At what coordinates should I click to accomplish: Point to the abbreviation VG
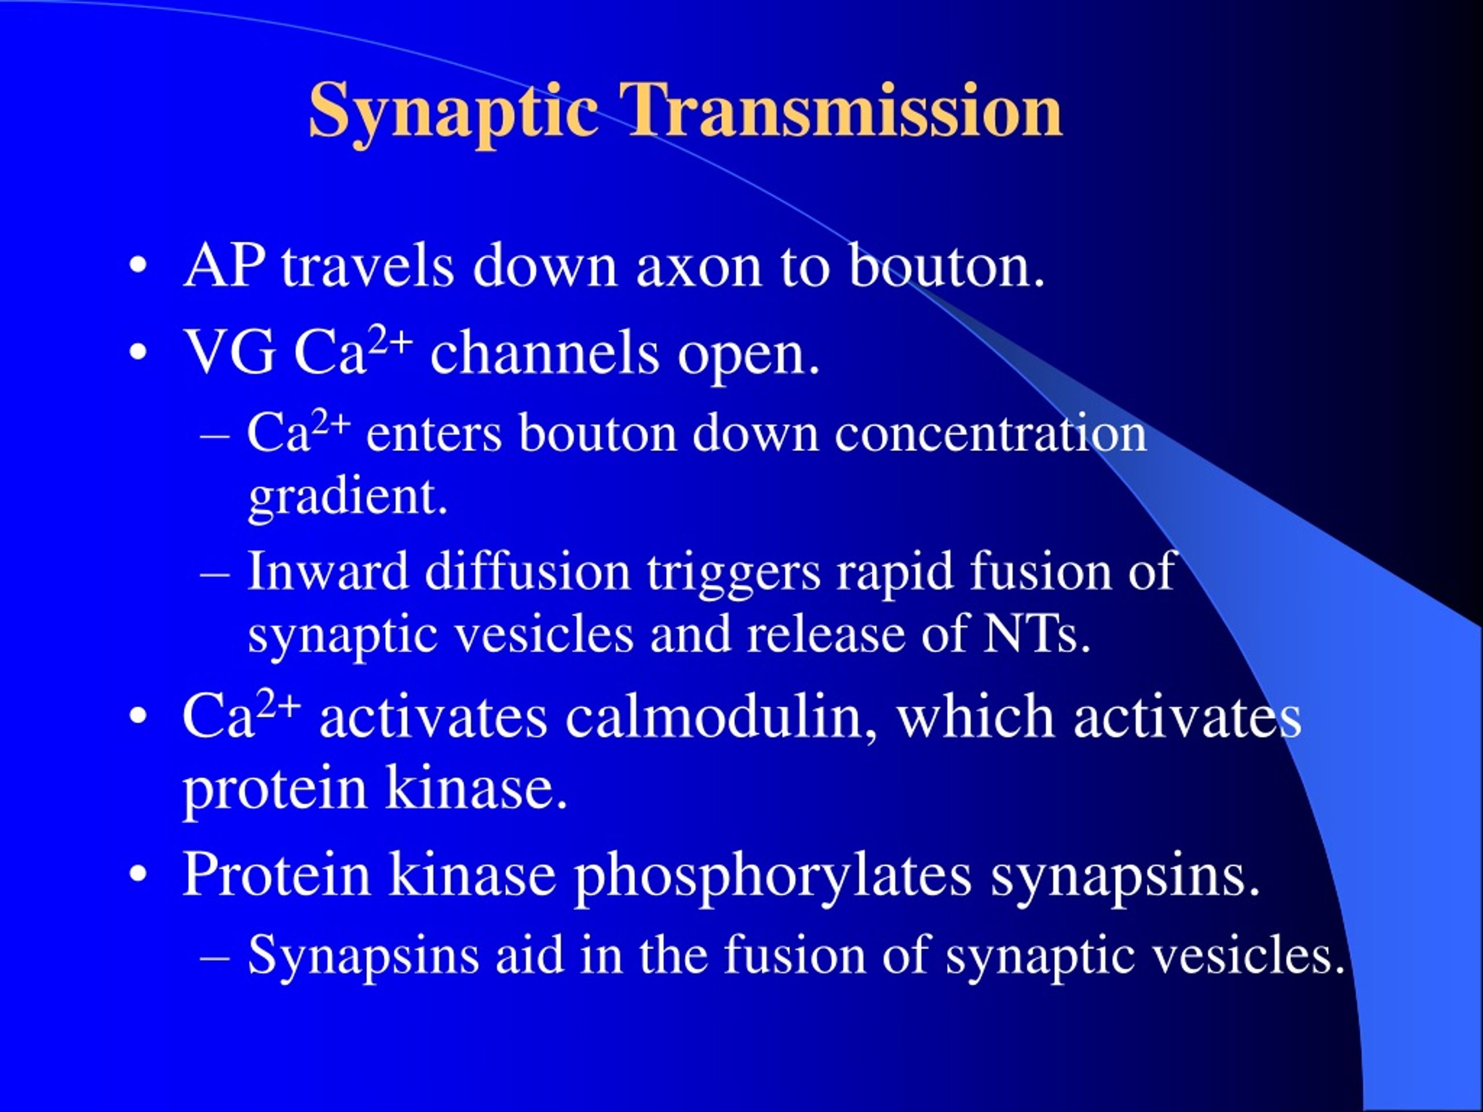point(229,353)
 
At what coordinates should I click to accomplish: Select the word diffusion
point(528,570)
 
